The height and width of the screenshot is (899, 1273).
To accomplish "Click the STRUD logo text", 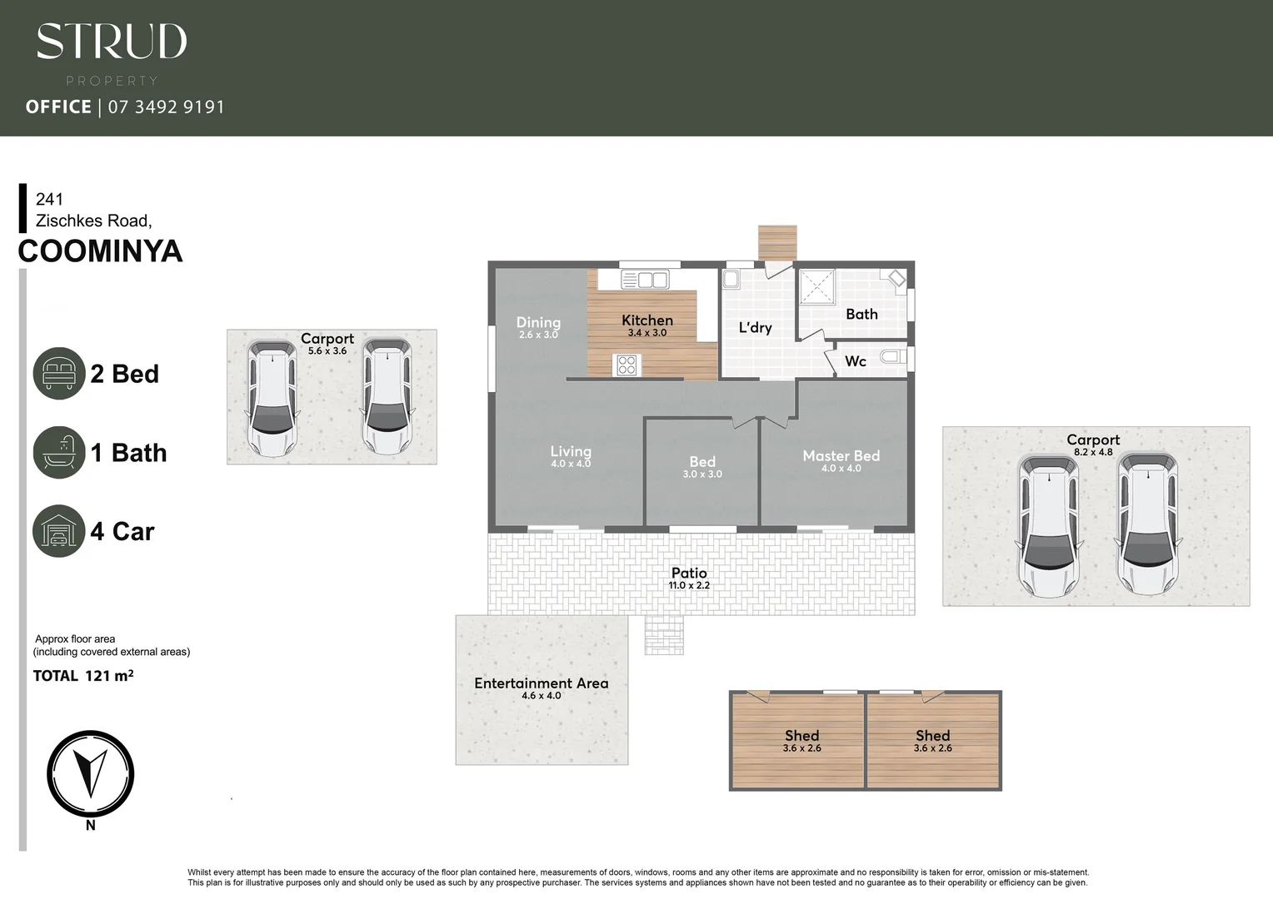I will click(x=112, y=42).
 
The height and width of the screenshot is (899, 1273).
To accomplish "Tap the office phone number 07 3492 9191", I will click(x=166, y=107).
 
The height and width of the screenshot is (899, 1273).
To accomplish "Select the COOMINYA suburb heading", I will click(x=100, y=251).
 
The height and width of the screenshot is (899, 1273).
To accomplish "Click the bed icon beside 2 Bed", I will click(x=59, y=373).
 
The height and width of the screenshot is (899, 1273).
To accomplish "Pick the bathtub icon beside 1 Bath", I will click(x=59, y=452).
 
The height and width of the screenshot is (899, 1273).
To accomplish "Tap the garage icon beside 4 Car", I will click(x=59, y=531).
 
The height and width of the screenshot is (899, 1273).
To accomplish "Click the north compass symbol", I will click(x=90, y=774).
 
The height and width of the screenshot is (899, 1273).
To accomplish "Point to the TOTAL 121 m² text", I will click(x=83, y=676).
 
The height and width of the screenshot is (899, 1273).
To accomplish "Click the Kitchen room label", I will click(x=647, y=320).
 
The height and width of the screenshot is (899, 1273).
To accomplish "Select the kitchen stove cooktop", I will click(x=627, y=365).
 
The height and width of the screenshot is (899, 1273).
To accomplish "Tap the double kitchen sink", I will click(x=644, y=280).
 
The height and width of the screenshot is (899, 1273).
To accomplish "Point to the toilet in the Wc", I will click(x=892, y=358).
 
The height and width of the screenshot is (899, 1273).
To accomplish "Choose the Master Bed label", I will click(x=841, y=456).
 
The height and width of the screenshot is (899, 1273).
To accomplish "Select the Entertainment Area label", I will click(x=542, y=683).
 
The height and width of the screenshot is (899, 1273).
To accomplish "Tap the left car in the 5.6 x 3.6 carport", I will click(x=271, y=398).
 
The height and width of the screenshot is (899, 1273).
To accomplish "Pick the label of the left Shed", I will click(x=801, y=736).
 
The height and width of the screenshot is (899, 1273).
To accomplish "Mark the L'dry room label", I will click(x=755, y=328).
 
